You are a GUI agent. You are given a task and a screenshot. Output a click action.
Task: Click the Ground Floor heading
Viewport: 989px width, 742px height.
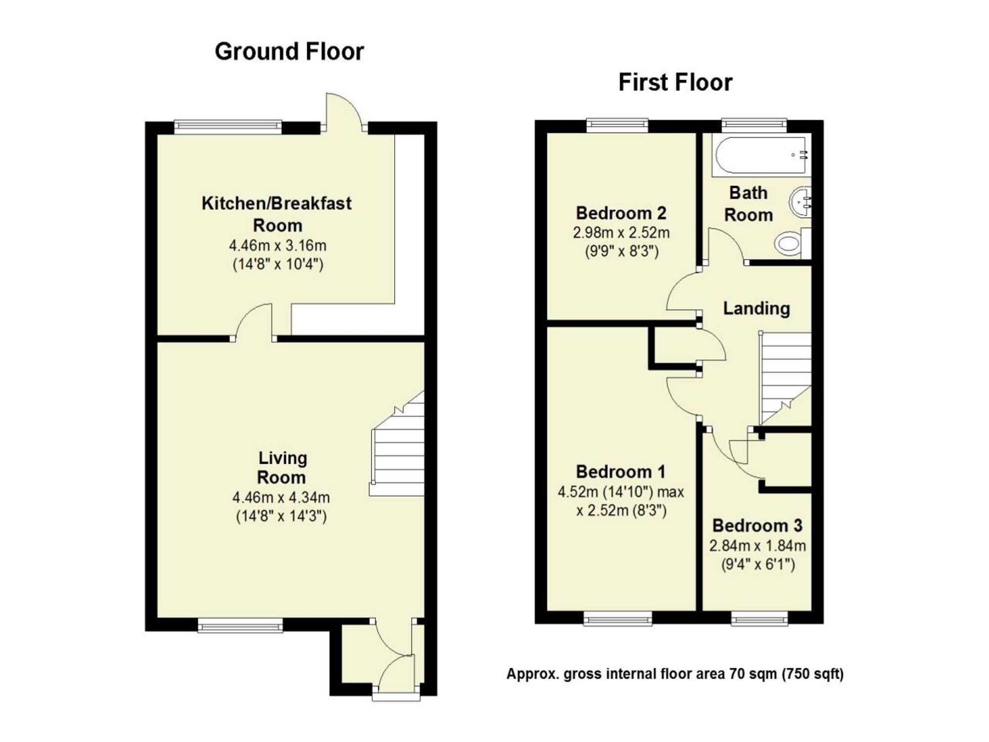[x=289, y=51]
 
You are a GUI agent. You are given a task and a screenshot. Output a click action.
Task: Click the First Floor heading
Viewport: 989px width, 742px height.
[x=675, y=82]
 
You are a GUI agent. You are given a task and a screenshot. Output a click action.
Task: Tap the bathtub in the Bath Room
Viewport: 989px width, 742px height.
[x=761, y=155]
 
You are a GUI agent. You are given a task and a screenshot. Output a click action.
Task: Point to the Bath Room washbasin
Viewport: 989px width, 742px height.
[x=801, y=202]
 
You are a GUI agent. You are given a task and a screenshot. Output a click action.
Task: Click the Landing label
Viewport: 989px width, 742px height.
[x=757, y=308]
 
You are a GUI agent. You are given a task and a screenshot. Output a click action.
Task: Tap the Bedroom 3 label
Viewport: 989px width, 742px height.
[x=757, y=525]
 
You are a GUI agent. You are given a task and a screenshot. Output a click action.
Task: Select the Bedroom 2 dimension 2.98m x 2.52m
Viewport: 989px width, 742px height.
[x=621, y=232]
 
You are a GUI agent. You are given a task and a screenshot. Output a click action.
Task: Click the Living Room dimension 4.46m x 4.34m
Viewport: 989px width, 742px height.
[x=281, y=497]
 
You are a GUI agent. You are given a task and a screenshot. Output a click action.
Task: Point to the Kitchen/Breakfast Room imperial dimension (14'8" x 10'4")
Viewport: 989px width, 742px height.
[x=278, y=264]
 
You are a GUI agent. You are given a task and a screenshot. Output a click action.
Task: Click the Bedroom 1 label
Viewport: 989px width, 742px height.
[x=621, y=471]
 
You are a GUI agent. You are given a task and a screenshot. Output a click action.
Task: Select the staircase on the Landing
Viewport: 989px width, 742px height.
[x=785, y=378]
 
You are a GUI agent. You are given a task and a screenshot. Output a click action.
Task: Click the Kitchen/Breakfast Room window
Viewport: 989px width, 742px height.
[x=228, y=127]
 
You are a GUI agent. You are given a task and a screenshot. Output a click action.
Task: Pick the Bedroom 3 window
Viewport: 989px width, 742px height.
[x=760, y=617]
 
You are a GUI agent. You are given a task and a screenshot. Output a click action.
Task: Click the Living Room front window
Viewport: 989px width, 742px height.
[x=240, y=625]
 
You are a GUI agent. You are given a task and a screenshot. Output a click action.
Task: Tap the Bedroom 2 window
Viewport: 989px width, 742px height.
[x=617, y=125]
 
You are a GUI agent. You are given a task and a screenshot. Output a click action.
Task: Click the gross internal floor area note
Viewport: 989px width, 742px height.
[x=675, y=674]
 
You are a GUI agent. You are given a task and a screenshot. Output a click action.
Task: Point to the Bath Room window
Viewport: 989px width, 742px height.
[x=754, y=125]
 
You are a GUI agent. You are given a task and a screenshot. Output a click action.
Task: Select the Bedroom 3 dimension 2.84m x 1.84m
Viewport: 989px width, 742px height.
[x=758, y=546]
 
